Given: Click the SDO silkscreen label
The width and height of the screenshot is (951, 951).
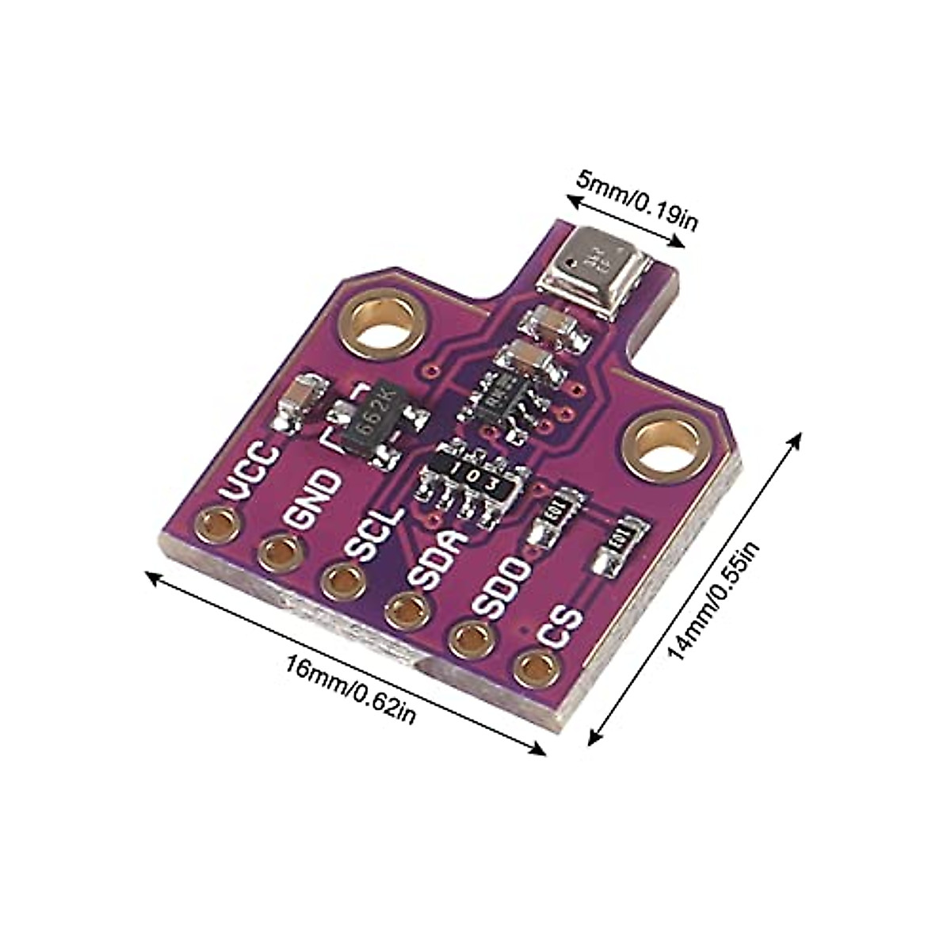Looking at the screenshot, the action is click(x=498, y=590).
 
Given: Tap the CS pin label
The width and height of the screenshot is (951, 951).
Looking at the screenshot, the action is click(x=560, y=626).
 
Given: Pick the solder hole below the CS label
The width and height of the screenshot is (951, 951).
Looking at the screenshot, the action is click(x=533, y=668).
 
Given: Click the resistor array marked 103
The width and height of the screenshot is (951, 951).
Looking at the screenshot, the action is click(x=468, y=479).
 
